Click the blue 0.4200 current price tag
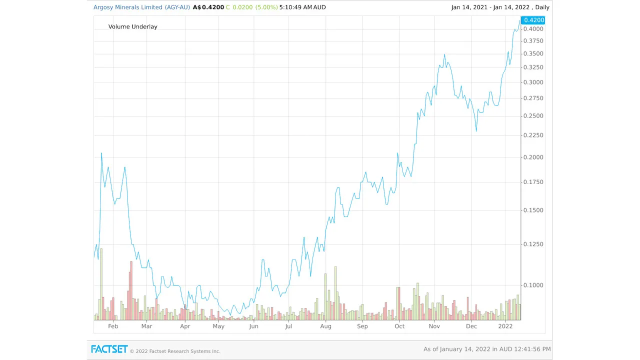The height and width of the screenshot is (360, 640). click(x=532, y=20)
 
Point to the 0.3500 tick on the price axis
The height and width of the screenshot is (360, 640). click(x=533, y=53)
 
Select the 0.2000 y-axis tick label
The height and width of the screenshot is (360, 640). click(x=533, y=157)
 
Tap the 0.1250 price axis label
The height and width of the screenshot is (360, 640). click(x=533, y=244)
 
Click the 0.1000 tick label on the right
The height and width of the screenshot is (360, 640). click(x=533, y=285)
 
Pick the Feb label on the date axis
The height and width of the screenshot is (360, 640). click(x=113, y=326)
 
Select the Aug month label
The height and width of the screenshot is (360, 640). click(x=325, y=326)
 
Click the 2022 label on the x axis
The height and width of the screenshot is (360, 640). click(x=505, y=326)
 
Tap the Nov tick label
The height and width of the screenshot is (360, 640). click(x=434, y=326)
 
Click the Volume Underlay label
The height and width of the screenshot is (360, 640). click(x=132, y=26)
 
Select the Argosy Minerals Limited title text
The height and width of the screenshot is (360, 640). click(x=128, y=7)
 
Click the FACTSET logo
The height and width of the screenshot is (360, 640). click(x=109, y=349)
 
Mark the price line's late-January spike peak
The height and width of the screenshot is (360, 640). click(x=101, y=153)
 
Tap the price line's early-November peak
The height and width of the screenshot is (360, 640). click(x=444, y=54)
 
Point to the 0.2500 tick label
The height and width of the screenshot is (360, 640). click(x=533, y=116)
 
